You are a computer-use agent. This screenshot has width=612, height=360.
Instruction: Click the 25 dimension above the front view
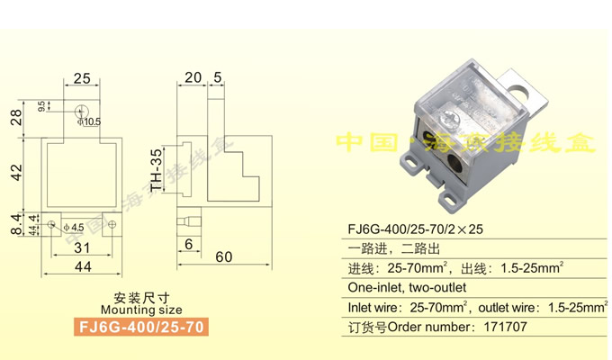pyautogui.click(x=82, y=78)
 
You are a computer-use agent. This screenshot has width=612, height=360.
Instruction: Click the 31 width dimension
pyautogui.click(x=82, y=247)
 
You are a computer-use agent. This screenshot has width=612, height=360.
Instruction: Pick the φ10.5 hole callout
pyautogui.click(x=90, y=121)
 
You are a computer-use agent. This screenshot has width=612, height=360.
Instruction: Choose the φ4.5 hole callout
pyautogui.click(x=74, y=226)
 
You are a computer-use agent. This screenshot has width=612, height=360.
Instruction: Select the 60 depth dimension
pyautogui.click(x=223, y=257)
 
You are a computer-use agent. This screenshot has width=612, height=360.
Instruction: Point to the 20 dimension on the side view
pyautogui.click(x=193, y=77)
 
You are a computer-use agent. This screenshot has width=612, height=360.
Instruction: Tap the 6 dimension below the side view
pyautogui.click(x=188, y=244)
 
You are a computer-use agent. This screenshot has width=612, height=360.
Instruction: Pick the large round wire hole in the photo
pyautogui.click(x=454, y=161)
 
